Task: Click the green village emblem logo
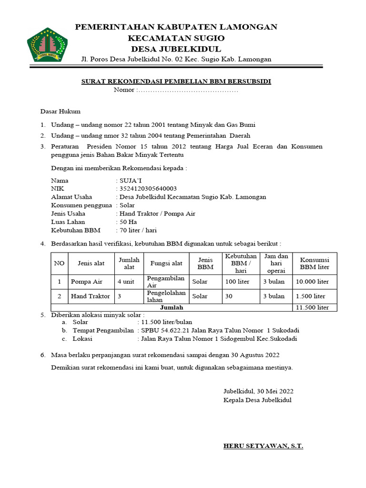coord(47,44)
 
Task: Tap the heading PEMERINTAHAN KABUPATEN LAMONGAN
coord(176,27)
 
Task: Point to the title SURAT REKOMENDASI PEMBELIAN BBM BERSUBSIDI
coord(176,81)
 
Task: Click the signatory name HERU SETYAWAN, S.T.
coord(263,446)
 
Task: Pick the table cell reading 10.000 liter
coord(313,282)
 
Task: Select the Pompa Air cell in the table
coord(87,282)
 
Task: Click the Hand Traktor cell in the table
coord(90,296)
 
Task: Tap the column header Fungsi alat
coord(166,263)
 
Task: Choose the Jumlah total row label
coord(172,307)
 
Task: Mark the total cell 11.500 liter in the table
coord(313,307)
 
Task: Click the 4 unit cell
coord(126,282)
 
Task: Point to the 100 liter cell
coord(237,282)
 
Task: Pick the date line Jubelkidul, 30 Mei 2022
coord(258,391)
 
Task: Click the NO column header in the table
coord(59,263)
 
